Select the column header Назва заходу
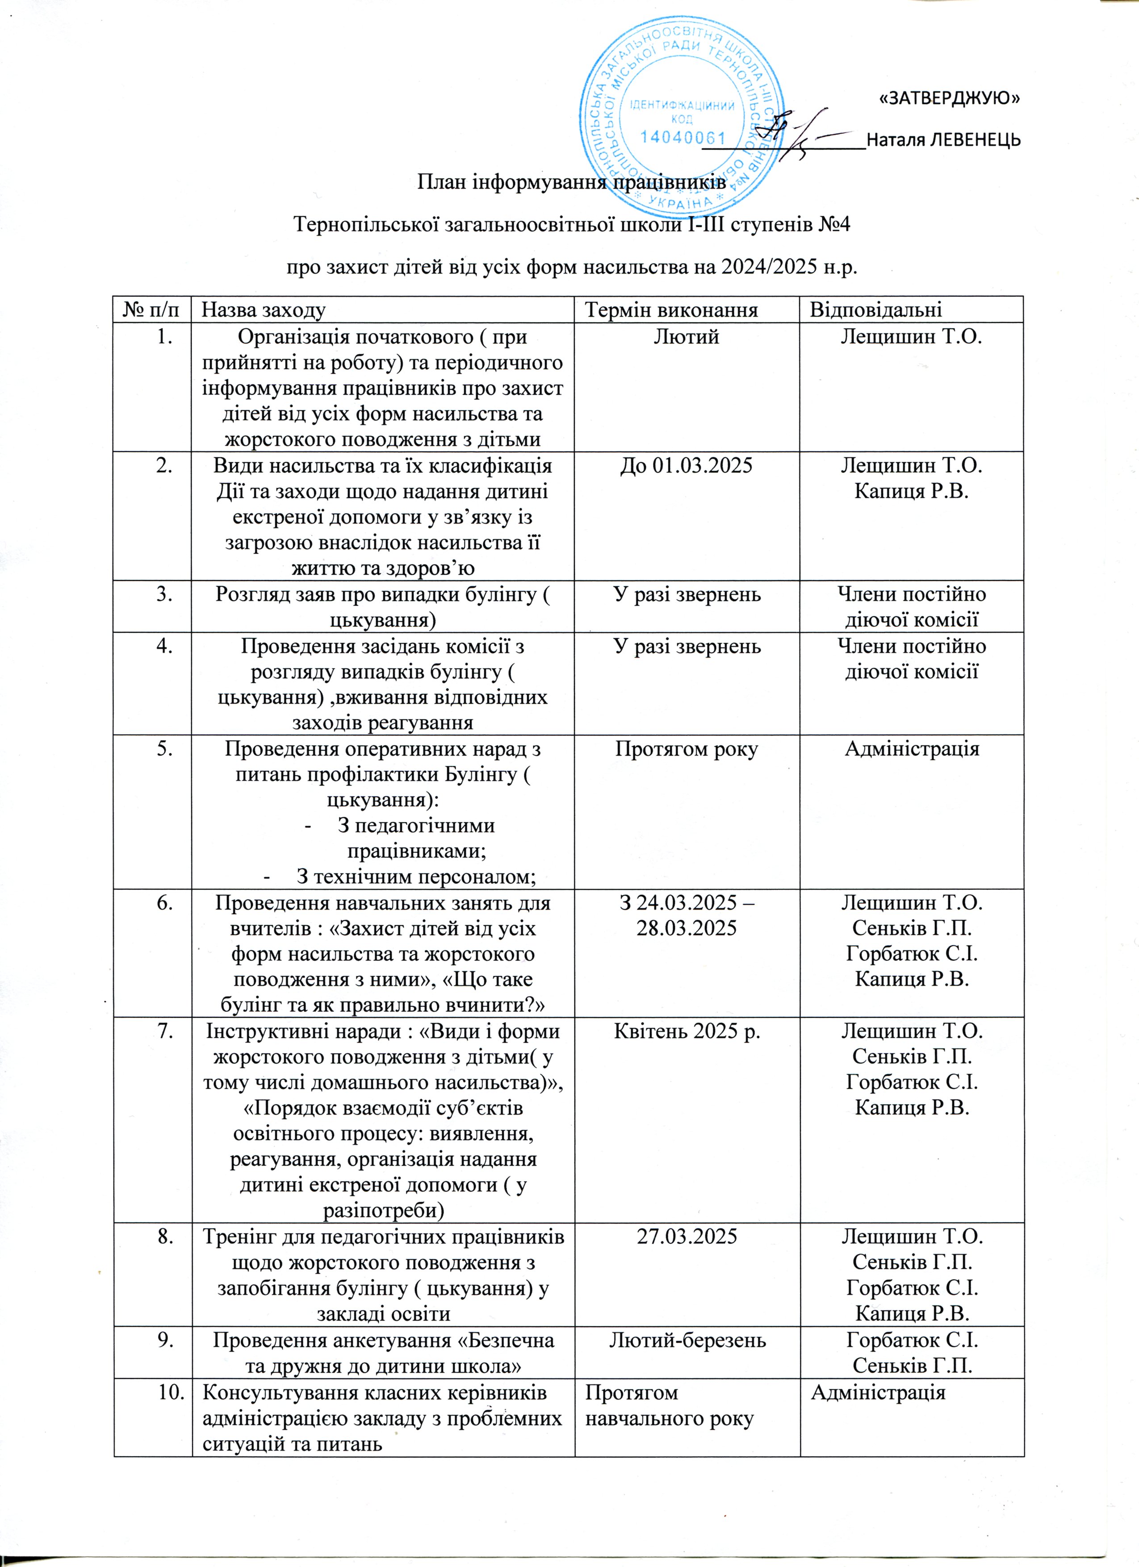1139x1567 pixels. [264, 309]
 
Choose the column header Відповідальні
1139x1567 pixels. [875, 309]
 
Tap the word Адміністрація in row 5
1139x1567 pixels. [912, 749]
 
